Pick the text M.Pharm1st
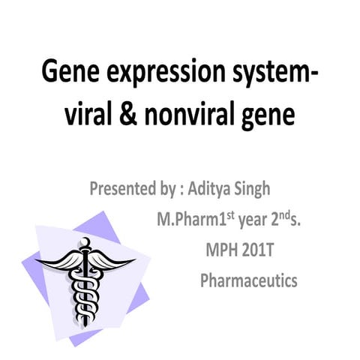click(x=187, y=220)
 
